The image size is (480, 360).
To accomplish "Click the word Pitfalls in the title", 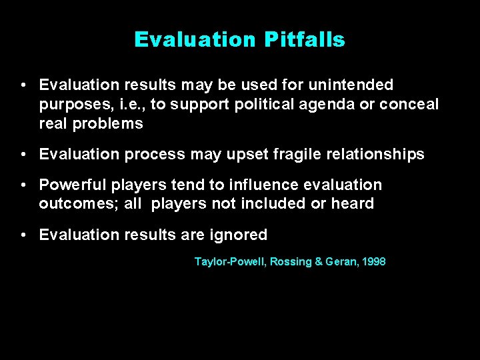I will pyautogui.click(x=304, y=40).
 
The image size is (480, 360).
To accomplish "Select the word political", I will pyautogui.click(x=257, y=105).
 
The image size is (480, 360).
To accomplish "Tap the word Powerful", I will pyautogui.click(x=69, y=185).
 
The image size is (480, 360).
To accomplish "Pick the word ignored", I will pyautogui.click(x=239, y=235).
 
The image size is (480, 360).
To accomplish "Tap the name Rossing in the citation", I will pyautogui.click(x=283, y=262).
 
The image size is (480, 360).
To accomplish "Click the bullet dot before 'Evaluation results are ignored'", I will pyautogui.click(x=23, y=235).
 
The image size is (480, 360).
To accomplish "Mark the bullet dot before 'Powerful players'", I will pyautogui.click(x=23, y=185).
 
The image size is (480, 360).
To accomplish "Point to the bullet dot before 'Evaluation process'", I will pyautogui.click(x=23, y=155).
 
